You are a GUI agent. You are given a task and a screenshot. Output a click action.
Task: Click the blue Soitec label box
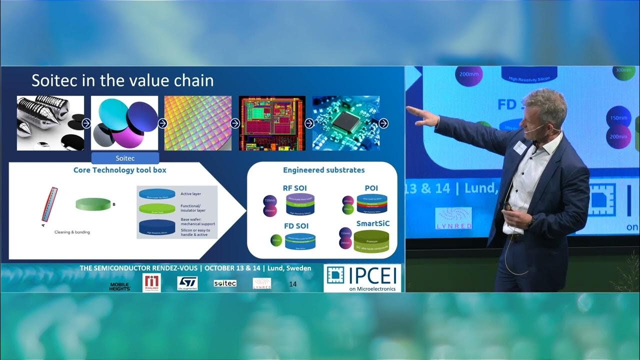[125, 158]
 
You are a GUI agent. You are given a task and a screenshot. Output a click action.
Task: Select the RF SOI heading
[295, 188]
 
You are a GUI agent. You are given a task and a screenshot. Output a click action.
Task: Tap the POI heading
[371, 188]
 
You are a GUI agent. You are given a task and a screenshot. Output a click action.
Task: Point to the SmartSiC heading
[372, 223]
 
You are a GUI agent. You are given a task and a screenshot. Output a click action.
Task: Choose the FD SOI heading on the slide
[296, 226]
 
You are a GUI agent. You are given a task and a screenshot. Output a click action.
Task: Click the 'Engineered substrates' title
[323, 170]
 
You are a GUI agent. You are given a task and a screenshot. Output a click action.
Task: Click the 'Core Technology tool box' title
[120, 170]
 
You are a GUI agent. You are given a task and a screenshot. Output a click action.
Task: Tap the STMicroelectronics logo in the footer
[187, 283]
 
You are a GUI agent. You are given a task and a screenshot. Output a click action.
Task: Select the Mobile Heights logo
[120, 286]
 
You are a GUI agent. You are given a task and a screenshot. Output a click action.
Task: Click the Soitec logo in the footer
[225, 283]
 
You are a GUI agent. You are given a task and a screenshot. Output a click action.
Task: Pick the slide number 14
[293, 284]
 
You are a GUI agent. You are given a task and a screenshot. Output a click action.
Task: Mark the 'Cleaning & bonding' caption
[72, 232]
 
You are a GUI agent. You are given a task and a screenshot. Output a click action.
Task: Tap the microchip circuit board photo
[346, 123]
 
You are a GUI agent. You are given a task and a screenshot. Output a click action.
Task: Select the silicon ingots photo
[50, 123]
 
